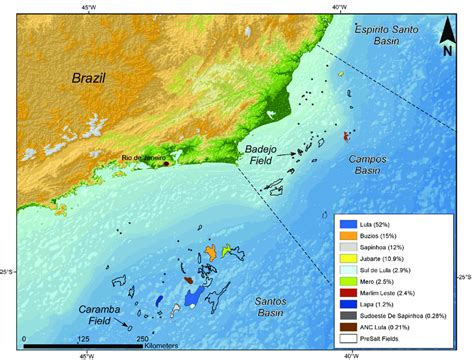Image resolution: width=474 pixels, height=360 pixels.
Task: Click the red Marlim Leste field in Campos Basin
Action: (348, 136)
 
